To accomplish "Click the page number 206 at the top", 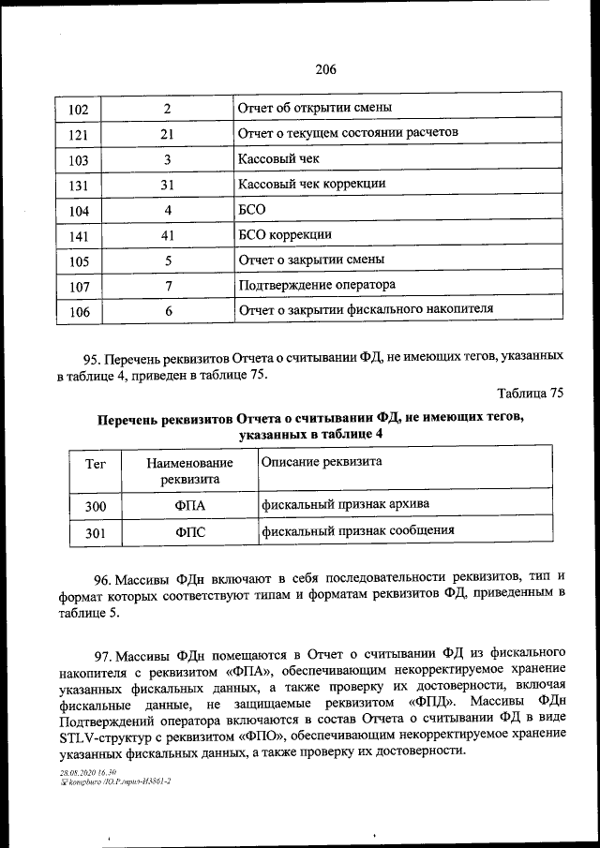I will point(325,68).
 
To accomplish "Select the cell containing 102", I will point(79,111).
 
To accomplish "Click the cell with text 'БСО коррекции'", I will point(285,233).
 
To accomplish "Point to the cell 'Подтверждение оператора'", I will point(317,284).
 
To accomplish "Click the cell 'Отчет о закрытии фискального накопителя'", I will point(366,307).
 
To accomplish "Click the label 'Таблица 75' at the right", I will point(530,394).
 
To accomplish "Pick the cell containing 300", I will point(96,507).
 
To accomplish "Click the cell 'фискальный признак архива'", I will point(346,505).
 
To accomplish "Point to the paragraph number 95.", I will point(91,358).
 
